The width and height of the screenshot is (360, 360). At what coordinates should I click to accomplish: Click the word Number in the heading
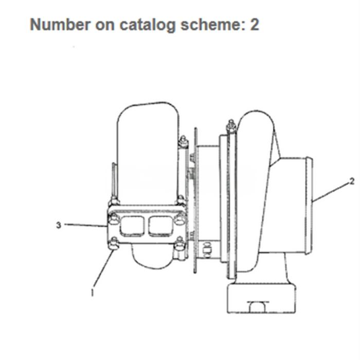60,24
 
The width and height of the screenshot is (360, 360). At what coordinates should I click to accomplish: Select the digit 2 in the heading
255,24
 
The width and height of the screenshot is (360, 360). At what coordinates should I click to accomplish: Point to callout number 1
92,292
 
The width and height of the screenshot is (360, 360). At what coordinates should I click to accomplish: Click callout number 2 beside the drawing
352,182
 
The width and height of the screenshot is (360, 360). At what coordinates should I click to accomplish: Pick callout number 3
59,225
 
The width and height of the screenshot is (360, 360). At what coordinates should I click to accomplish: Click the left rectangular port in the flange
132,226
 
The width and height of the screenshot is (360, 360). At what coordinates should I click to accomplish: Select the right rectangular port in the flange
161,226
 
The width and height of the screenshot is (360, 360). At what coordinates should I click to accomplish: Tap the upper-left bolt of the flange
114,219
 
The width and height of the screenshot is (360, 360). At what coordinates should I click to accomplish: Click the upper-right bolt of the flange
180,219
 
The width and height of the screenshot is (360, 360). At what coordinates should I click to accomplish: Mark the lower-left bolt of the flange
114,244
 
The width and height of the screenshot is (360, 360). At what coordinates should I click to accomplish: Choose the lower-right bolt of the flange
180,244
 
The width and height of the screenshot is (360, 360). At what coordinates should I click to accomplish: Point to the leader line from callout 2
331,191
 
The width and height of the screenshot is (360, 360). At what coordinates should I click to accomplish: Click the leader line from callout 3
85,225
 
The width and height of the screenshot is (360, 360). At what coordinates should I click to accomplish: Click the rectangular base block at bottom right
261,298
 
